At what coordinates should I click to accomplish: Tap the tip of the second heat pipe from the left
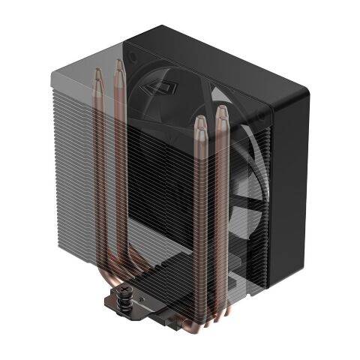pos(118,64)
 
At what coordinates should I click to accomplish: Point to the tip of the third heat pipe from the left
pos(200,121)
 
